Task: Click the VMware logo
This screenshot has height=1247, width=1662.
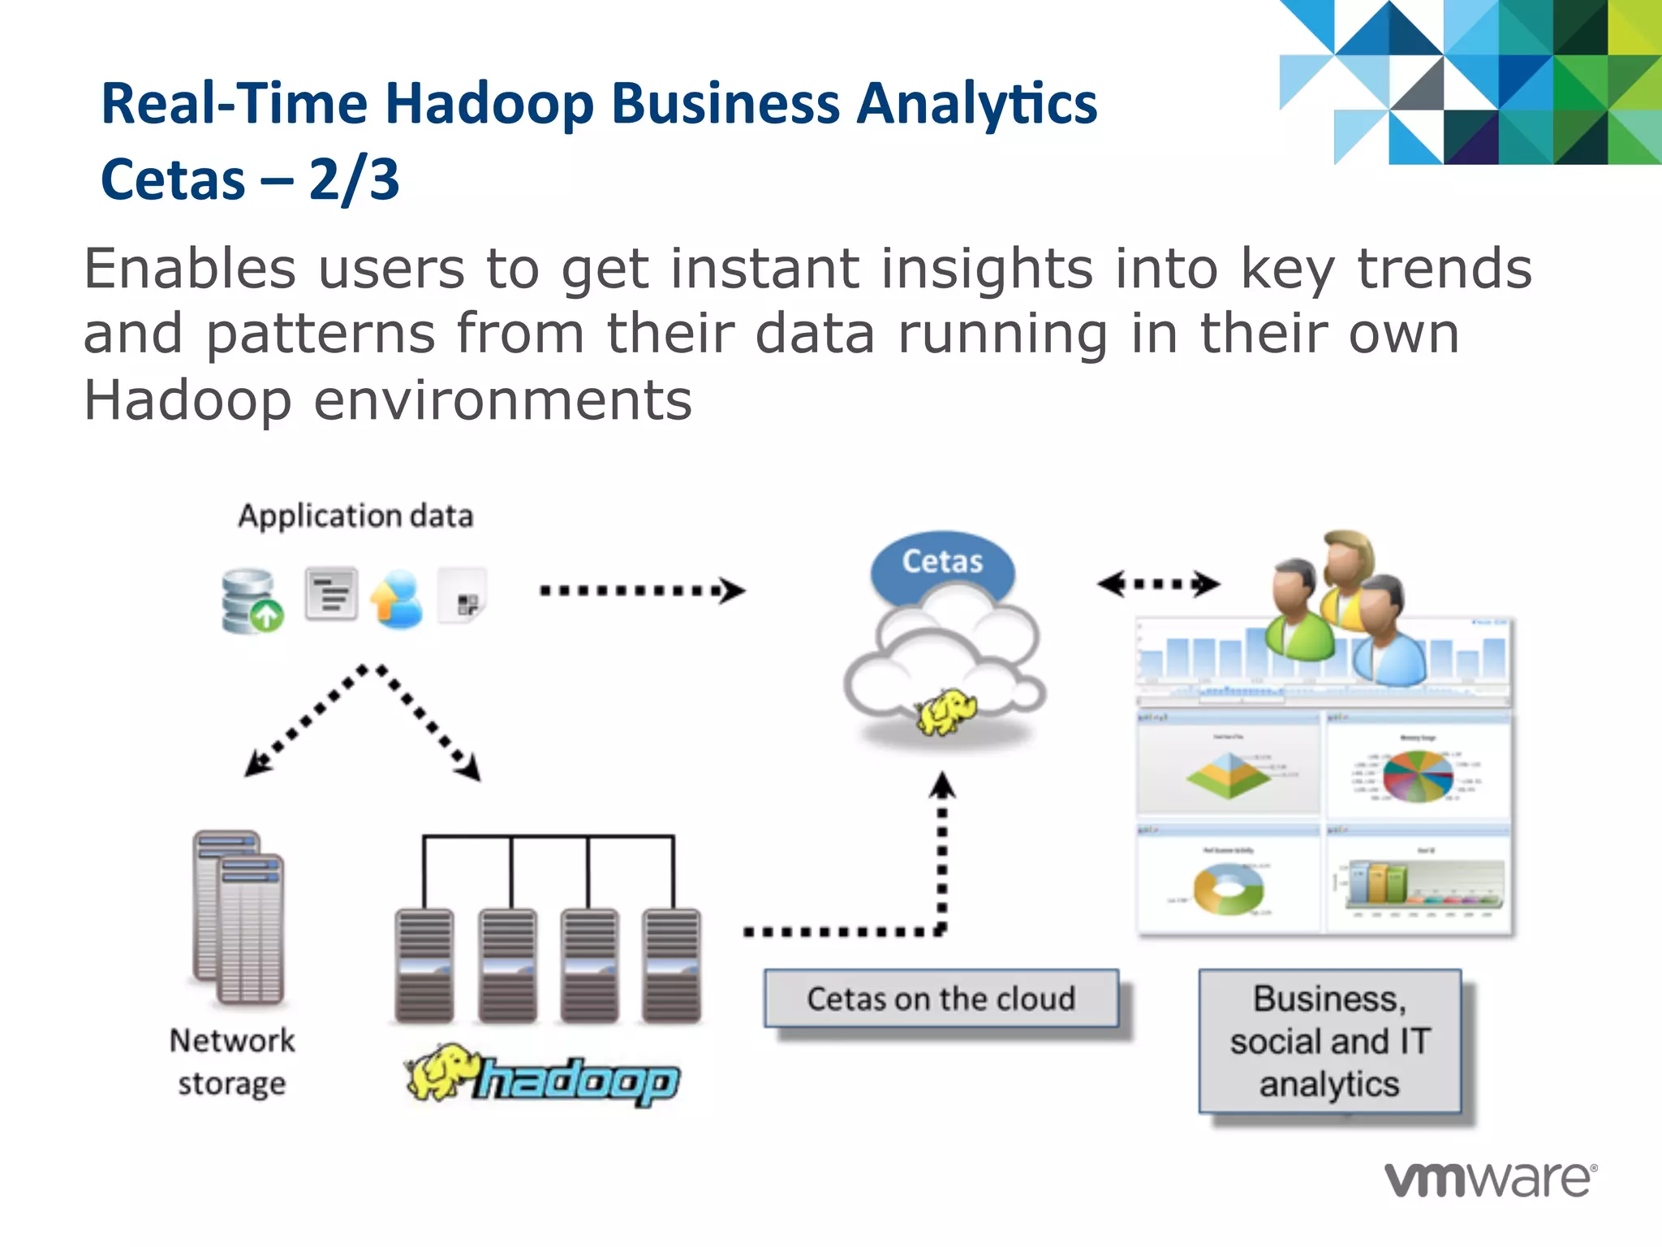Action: [1490, 1179]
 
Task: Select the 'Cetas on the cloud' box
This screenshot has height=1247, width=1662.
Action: [941, 999]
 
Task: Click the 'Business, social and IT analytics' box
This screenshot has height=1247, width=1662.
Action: [1329, 1041]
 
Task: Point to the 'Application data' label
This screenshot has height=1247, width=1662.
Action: [355, 516]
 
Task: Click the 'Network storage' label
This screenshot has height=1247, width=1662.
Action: [232, 1062]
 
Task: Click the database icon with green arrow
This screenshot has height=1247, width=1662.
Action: [252, 602]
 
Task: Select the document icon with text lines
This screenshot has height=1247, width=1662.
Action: [331, 593]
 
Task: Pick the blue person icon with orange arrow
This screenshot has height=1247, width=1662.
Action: [398, 600]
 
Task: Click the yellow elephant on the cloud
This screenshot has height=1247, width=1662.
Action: [945, 711]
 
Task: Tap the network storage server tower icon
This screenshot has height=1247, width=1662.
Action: [239, 917]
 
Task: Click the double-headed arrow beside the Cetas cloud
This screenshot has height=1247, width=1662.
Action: [1158, 583]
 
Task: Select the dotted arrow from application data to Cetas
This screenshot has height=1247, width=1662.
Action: [641, 590]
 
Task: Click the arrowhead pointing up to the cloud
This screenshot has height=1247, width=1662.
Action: [942, 786]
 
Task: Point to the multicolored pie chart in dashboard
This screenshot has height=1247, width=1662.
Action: [1417, 775]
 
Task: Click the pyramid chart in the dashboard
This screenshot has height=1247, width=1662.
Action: [1229, 775]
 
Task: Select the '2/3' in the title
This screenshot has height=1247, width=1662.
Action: [354, 179]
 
